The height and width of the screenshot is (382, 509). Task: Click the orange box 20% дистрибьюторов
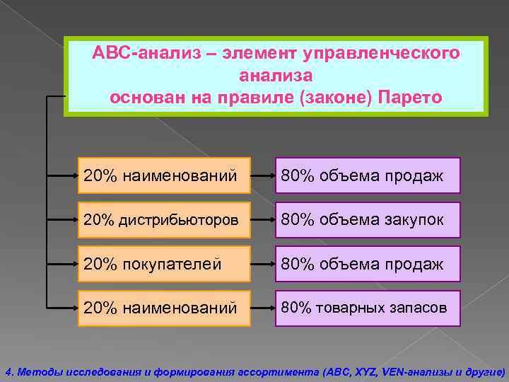pos(163,220)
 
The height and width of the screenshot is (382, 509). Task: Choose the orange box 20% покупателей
pos(163,264)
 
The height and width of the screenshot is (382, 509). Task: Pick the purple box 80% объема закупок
pos(368,220)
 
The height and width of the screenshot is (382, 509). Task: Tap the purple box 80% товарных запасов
pos(368,308)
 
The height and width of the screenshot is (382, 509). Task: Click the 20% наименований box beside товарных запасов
pos(163,308)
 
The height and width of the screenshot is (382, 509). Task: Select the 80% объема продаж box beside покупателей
pos(368,264)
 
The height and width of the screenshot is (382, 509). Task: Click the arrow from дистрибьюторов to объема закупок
pos(264,220)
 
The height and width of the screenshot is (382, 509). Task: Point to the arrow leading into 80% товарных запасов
pos(264,308)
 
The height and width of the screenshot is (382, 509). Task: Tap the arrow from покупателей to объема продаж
pos(264,264)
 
